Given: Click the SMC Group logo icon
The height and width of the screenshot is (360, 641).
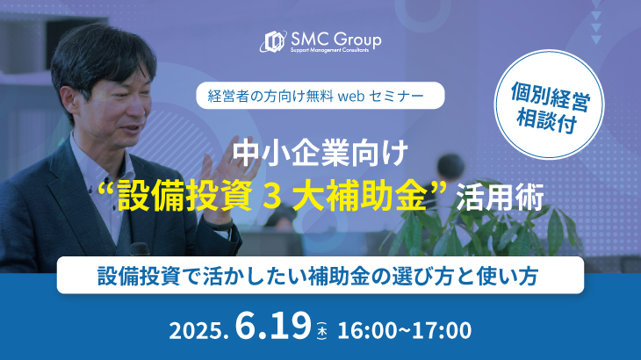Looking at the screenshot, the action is [x=273, y=41].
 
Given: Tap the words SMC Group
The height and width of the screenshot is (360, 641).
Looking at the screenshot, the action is [x=336, y=40].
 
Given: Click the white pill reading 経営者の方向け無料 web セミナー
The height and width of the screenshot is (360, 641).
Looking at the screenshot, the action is [x=320, y=96].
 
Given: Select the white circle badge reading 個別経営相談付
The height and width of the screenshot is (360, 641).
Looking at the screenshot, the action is [x=549, y=104].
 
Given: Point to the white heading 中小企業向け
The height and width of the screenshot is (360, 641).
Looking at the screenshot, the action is [x=320, y=154].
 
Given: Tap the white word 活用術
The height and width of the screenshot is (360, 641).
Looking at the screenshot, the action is [x=500, y=197].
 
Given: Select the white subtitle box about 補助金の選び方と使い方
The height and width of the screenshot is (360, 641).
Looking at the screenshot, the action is [x=320, y=275].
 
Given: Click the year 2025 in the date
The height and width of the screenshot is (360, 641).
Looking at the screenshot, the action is [x=196, y=330].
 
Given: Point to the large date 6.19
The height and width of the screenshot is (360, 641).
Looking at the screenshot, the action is [x=273, y=326].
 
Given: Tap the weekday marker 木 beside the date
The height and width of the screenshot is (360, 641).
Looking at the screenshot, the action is [x=322, y=331].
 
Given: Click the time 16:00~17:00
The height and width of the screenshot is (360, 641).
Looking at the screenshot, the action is [x=404, y=330].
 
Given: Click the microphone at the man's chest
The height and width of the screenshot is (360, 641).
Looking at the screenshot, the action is [x=139, y=249].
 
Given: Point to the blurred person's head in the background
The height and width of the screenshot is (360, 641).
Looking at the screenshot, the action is [x=450, y=167].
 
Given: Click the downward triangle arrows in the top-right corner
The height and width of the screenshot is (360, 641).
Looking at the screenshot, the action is [x=595, y=23].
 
